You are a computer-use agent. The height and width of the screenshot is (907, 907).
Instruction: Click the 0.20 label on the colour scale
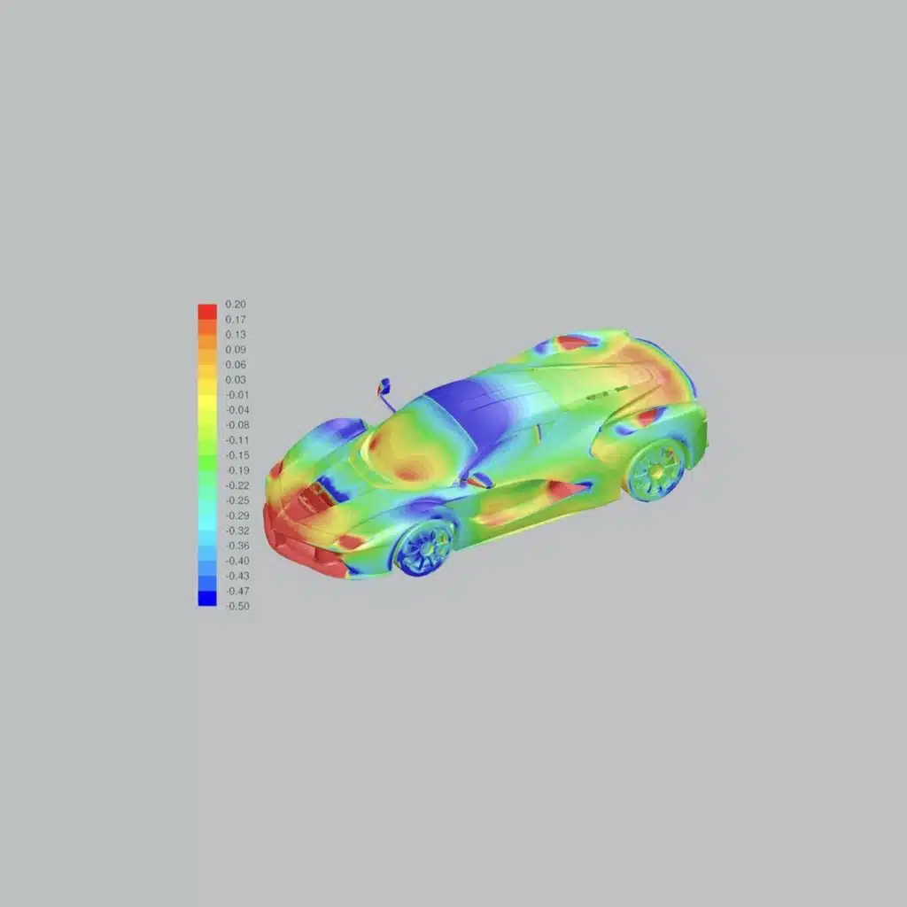point(236,305)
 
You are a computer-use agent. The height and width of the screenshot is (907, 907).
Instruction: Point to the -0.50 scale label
point(237,606)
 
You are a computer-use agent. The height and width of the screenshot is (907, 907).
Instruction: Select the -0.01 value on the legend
point(237,395)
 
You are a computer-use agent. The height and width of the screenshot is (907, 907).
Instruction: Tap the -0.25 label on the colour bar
point(237,500)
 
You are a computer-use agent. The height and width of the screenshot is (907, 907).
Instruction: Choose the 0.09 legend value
point(236,349)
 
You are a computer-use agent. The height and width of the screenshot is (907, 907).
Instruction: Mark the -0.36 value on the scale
point(237,546)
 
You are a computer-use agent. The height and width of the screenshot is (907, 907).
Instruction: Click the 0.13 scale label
point(236,334)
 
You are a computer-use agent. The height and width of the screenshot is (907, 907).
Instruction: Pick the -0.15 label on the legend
point(237,455)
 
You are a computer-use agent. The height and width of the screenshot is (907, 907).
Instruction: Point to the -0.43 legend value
point(237,576)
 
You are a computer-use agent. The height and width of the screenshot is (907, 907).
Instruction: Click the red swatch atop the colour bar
point(207,311)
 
